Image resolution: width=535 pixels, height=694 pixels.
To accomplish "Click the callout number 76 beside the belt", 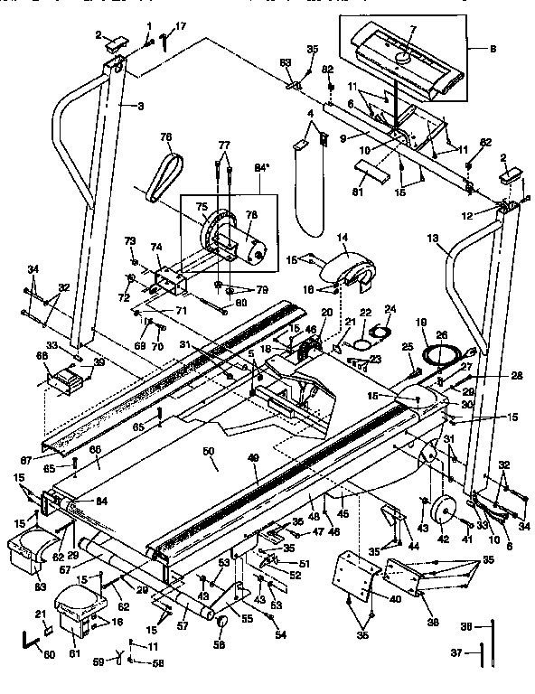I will [x=165, y=137].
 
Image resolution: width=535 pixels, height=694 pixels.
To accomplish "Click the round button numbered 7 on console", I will [x=402, y=56].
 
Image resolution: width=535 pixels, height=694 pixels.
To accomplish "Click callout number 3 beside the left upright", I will [x=141, y=107].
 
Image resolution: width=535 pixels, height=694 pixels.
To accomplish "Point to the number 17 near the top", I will [x=181, y=26].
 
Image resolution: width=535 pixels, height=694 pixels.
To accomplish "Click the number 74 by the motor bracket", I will [x=155, y=247].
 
